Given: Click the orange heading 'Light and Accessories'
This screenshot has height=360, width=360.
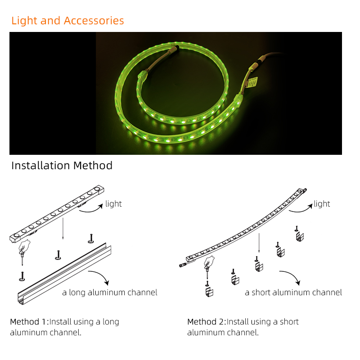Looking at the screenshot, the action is click(x=67, y=21).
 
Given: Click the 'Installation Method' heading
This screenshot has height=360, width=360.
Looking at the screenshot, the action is click(x=62, y=165).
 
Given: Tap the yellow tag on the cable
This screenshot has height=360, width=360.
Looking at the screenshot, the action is click(x=252, y=82).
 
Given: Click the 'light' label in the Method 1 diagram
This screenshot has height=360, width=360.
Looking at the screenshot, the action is click(x=113, y=204).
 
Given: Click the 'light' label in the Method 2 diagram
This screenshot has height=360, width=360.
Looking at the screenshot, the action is click(x=322, y=204).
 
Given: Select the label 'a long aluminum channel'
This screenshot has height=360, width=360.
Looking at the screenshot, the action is click(x=110, y=292).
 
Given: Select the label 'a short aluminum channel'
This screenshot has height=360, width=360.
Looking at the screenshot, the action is click(x=293, y=292).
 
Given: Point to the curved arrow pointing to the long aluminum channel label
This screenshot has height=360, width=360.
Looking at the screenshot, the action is click(x=101, y=275).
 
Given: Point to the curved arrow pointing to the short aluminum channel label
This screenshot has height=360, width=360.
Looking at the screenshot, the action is click(x=292, y=275).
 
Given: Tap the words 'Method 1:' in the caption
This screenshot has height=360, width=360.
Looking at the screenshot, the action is click(x=29, y=322).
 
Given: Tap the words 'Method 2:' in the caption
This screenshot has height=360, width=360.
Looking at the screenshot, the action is click(x=207, y=322).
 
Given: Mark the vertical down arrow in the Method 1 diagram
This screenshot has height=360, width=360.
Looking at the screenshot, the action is click(x=63, y=229).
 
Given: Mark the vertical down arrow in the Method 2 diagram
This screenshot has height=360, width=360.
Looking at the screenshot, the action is click(x=259, y=243).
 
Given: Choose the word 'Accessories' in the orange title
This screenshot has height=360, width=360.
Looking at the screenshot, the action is click(x=94, y=21).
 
